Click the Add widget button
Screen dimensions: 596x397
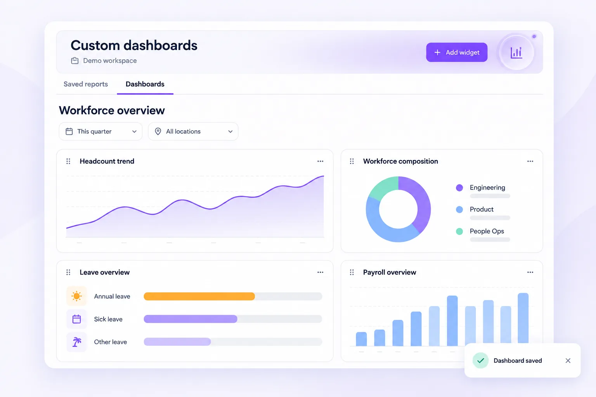point(457,52)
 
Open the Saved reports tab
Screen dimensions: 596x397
point(86,84)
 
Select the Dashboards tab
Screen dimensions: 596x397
point(145,84)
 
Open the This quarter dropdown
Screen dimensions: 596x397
point(100,131)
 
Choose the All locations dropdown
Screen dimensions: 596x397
point(193,131)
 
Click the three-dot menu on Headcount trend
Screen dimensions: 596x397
point(321,161)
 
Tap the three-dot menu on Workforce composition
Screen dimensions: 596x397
point(530,161)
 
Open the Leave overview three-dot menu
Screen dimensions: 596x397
point(321,272)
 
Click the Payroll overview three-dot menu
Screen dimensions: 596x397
point(530,272)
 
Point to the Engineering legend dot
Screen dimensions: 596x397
point(459,188)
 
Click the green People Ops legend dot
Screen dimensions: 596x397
point(459,231)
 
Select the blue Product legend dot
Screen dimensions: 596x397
point(459,209)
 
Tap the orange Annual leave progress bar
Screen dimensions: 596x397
point(199,296)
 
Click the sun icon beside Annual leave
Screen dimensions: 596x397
point(76,296)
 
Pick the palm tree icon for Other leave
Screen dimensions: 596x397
point(76,342)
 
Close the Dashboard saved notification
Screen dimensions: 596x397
point(568,361)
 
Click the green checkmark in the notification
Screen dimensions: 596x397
point(480,361)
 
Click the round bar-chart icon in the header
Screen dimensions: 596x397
point(516,52)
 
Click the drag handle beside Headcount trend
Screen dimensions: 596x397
point(68,161)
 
